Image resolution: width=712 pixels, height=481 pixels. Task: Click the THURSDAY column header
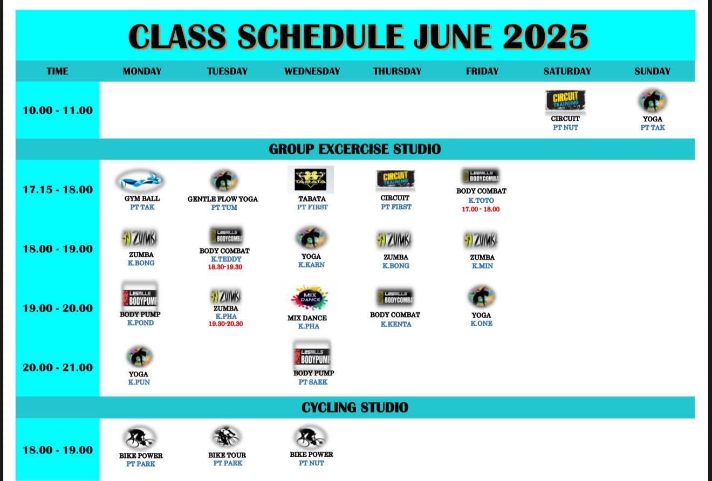pyautogui.click(x=397, y=71)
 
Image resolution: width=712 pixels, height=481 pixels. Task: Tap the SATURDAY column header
pyautogui.click(x=567, y=71)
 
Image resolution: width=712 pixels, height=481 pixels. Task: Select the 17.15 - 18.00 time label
pyautogui.click(x=58, y=190)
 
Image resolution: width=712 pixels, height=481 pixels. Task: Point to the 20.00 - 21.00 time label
pyautogui.click(x=58, y=368)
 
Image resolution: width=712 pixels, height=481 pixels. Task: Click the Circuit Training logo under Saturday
pyautogui.click(x=565, y=101)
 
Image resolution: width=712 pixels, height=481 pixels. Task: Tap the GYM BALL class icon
pyautogui.click(x=140, y=181)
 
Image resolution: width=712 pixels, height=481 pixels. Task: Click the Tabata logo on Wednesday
pyautogui.click(x=311, y=180)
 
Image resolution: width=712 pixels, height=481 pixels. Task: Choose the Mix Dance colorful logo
pyautogui.click(x=310, y=298)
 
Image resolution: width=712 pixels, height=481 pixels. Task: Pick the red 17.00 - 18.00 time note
pyautogui.click(x=481, y=209)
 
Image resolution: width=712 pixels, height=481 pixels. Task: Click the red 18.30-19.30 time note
pyautogui.click(x=225, y=267)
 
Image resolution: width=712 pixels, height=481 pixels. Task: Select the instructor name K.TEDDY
pyautogui.click(x=226, y=259)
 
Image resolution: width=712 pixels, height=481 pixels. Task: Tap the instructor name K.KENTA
pyautogui.click(x=396, y=324)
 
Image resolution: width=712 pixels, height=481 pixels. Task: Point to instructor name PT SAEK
pyautogui.click(x=313, y=382)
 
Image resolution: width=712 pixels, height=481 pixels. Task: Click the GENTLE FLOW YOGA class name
pyautogui.click(x=222, y=199)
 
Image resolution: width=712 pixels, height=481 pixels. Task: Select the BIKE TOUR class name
pyautogui.click(x=227, y=455)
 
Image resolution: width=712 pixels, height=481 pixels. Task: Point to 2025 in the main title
pyautogui.click(x=545, y=37)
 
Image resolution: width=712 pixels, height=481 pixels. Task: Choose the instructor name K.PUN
pyautogui.click(x=139, y=382)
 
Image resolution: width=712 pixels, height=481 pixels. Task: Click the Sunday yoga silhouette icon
pyautogui.click(x=652, y=101)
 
